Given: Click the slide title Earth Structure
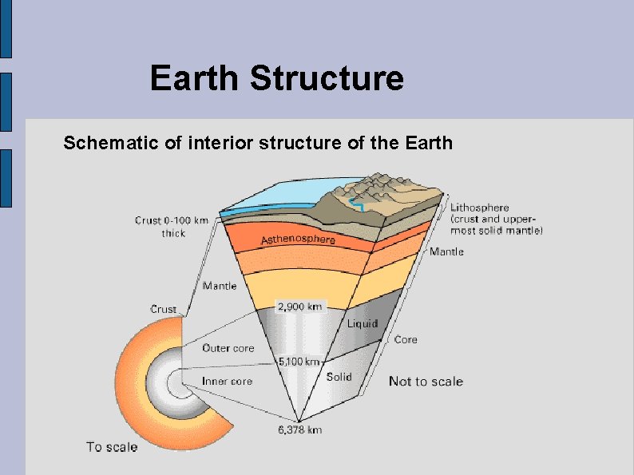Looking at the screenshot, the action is click(276, 79).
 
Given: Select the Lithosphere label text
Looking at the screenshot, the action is click(479, 208).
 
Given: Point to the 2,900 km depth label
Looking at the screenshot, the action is click(299, 307).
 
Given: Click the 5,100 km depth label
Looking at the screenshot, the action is click(299, 362).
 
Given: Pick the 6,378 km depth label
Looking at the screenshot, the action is click(299, 430).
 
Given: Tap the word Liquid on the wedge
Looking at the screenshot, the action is click(362, 324).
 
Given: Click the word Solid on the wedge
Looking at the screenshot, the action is click(339, 376).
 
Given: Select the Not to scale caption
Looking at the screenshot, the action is click(426, 382).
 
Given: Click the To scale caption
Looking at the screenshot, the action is click(112, 447).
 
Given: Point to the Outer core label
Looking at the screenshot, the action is click(228, 348).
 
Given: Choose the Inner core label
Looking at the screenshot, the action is click(227, 381).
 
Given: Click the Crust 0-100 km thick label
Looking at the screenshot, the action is click(171, 226).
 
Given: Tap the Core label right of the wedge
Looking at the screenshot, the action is click(406, 340).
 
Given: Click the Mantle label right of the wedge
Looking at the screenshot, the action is click(446, 252).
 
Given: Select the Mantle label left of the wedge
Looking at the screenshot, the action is click(219, 286).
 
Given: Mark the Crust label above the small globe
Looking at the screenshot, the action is click(164, 310).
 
